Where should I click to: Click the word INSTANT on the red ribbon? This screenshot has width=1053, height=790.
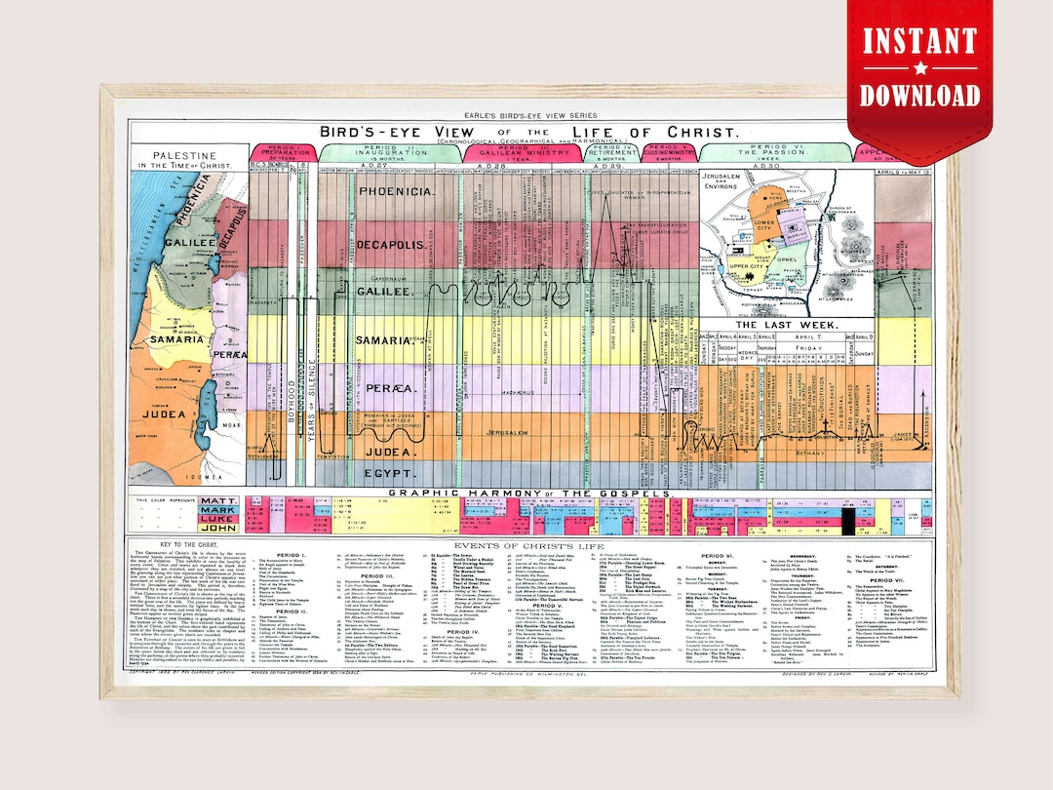(x=919, y=41)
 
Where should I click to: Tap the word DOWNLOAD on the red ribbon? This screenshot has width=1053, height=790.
(x=919, y=95)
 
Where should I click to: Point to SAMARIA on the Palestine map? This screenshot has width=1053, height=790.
(x=170, y=338)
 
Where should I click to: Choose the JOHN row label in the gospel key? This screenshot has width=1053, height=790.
(x=217, y=529)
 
